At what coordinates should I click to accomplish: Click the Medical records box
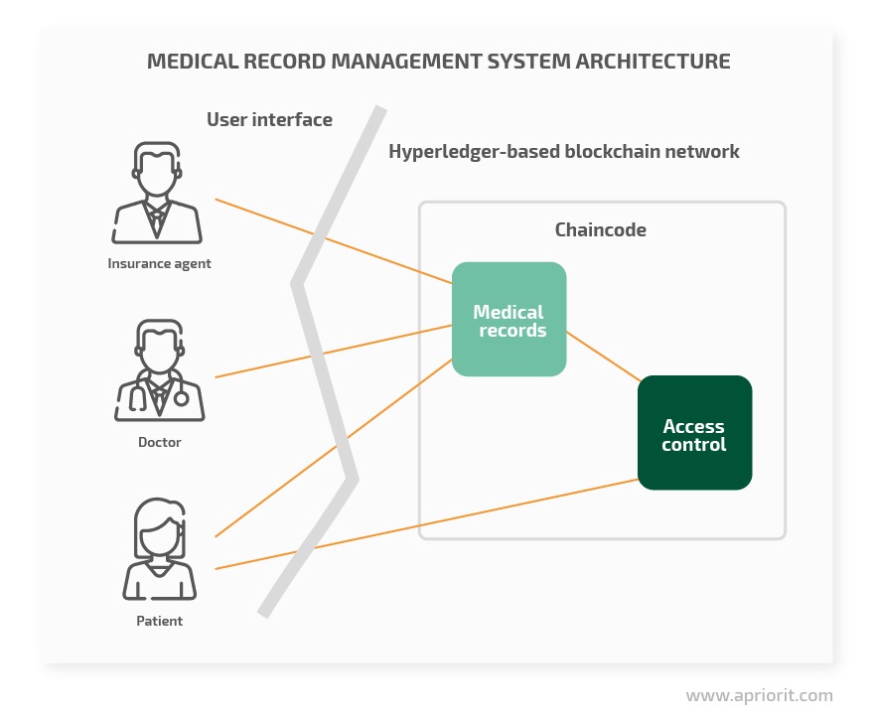point(509,319)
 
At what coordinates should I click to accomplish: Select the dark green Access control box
point(695,433)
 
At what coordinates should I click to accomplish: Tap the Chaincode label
point(600,229)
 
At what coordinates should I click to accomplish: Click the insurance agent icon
point(157,193)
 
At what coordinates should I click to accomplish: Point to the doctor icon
point(159,370)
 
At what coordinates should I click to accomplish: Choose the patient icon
point(159,549)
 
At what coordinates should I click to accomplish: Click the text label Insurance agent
point(159,263)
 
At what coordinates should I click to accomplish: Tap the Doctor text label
point(160,442)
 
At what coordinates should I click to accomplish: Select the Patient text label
point(159,621)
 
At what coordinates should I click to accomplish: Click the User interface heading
point(269,120)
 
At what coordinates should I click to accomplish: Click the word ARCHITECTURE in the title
point(653,62)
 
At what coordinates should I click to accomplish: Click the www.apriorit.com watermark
point(760,696)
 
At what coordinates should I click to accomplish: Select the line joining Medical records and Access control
point(604,357)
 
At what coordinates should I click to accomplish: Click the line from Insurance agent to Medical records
point(334,241)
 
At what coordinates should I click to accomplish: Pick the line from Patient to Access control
point(426,523)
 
